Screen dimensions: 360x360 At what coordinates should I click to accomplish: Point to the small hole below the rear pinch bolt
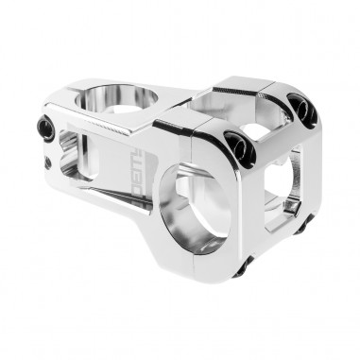(48, 163)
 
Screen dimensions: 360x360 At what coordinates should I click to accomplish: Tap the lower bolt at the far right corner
(301, 225)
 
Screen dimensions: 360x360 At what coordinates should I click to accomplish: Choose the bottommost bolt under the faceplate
(240, 266)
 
